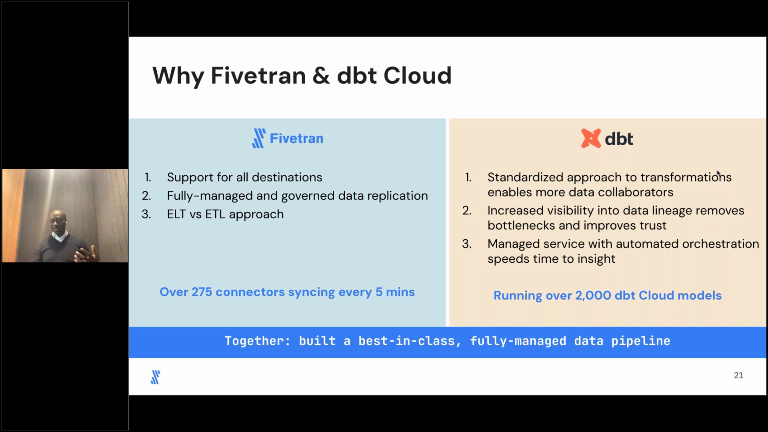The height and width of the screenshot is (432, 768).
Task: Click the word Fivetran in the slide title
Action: click(258, 75)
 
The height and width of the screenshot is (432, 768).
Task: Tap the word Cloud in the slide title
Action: click(418, 75)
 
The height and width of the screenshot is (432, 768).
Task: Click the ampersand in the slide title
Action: click(321, 76)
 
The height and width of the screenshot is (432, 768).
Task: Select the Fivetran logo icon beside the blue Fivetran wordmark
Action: click(259, 138)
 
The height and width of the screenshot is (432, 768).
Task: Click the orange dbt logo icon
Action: click(591, 138)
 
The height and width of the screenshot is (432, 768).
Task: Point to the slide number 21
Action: click(738, 375)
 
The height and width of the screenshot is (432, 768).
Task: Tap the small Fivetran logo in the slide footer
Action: click(155, 377)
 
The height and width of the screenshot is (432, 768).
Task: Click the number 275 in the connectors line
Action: click(202, 292)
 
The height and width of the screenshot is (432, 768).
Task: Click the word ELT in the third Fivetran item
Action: click(176, 214)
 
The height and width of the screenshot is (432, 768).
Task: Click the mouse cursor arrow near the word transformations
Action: click(718, 174)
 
